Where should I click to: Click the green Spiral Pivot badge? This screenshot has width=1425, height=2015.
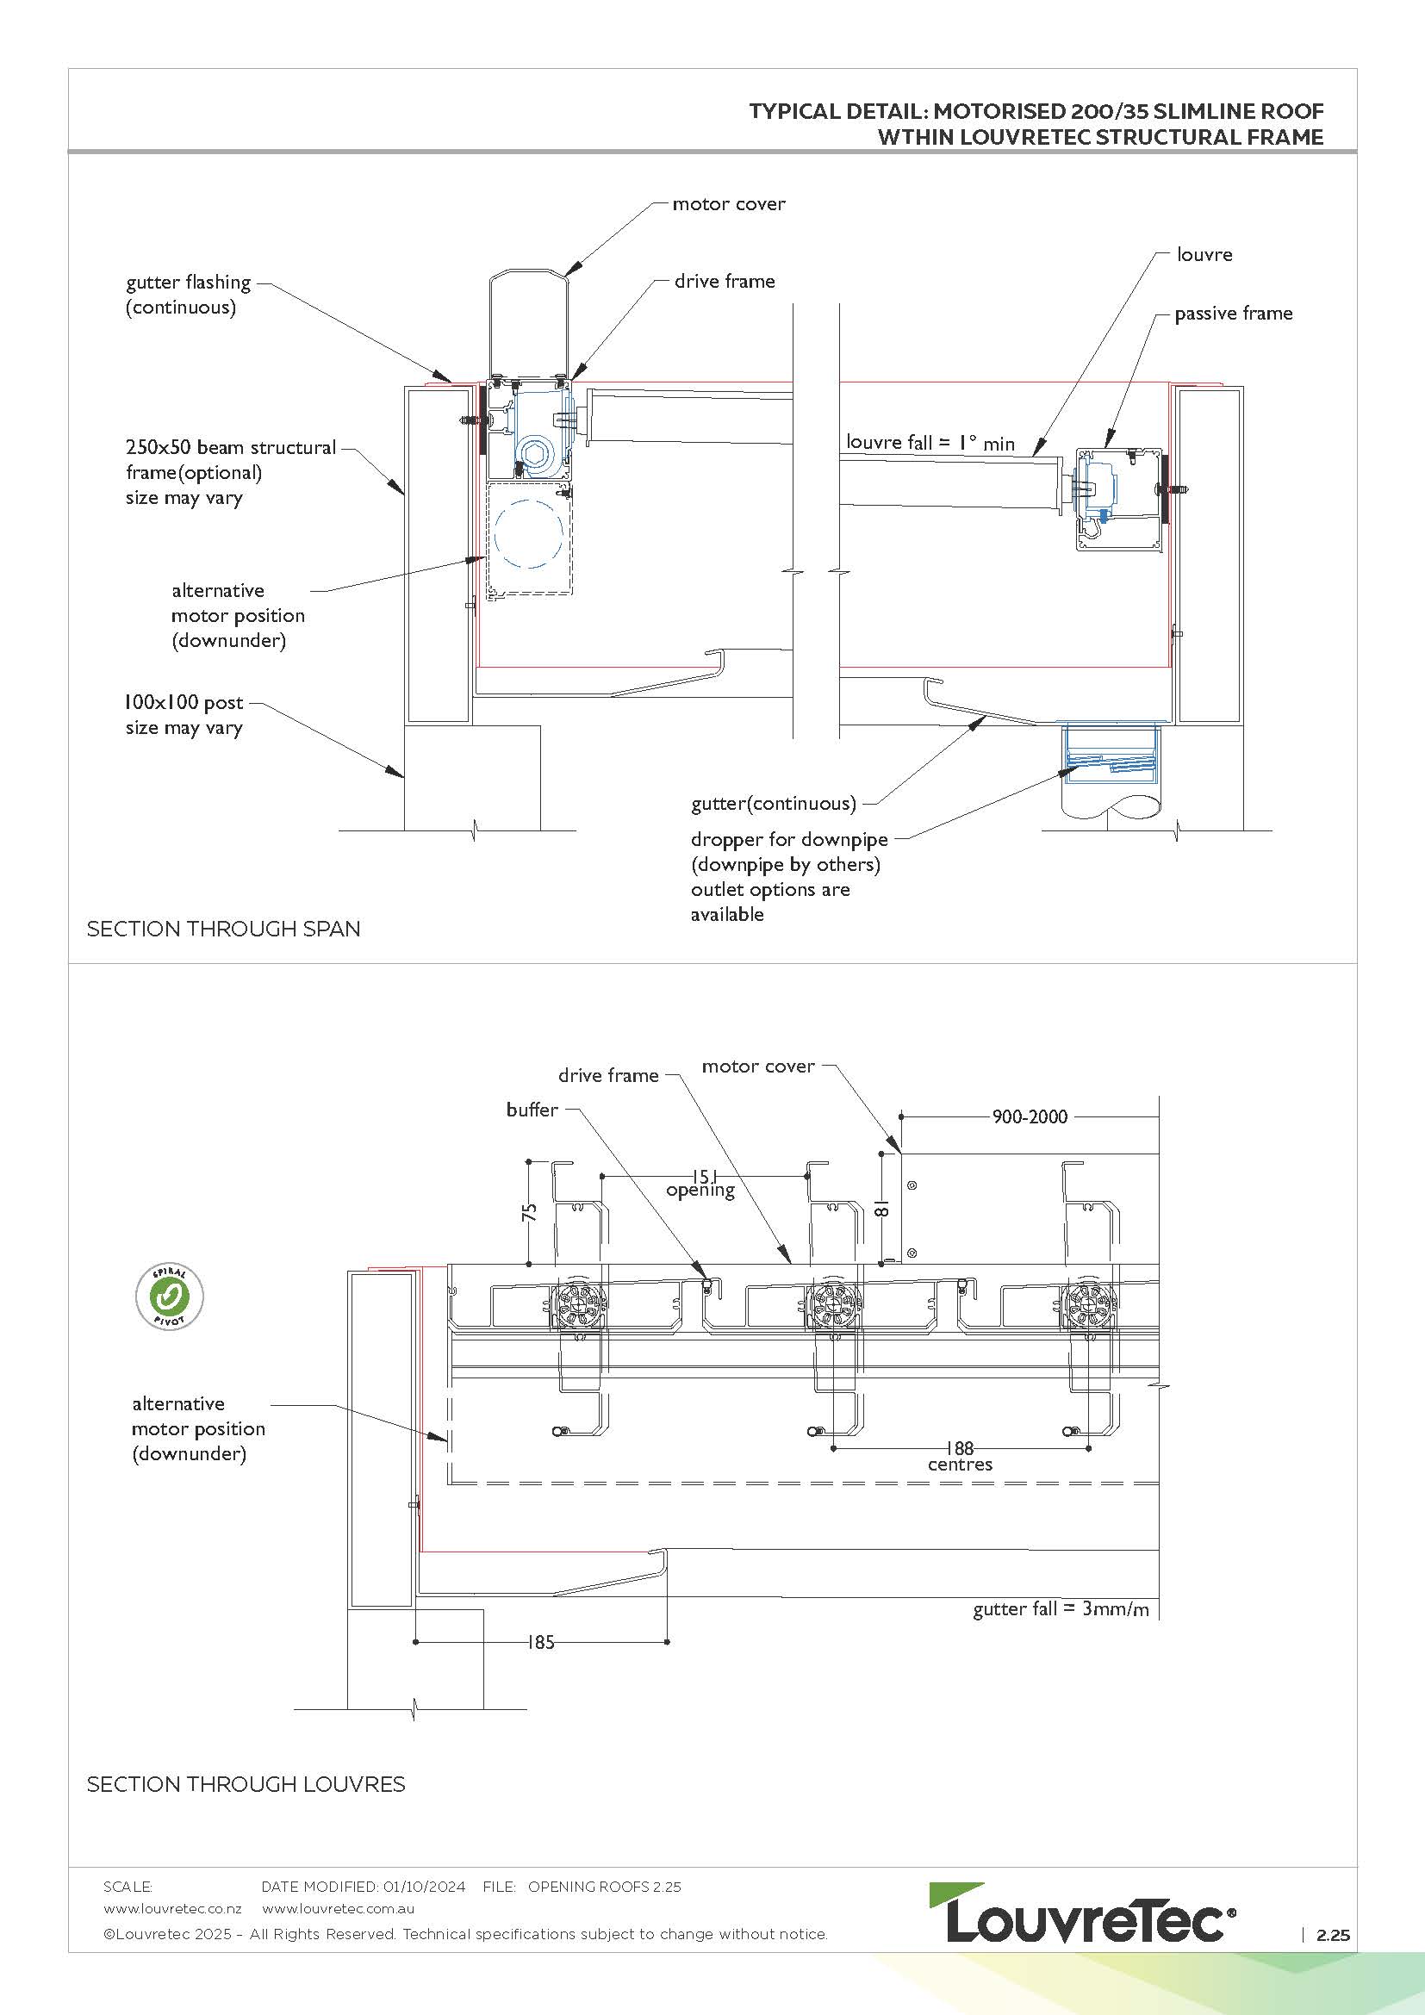(x=170, y=1297)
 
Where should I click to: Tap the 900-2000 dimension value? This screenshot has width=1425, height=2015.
(x=1030, y=1117)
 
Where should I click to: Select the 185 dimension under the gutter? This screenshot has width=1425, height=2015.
(x=540, y=1642)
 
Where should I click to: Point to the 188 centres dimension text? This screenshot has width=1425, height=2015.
(x=960, y=1456)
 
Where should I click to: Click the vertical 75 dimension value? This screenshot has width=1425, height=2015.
(x=529, y=1212)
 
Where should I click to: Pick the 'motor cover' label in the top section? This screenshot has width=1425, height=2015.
(x=728, y=204)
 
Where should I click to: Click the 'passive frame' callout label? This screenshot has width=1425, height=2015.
(x=1233, y=314)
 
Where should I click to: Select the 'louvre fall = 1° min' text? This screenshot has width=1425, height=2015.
(x=930, y=442)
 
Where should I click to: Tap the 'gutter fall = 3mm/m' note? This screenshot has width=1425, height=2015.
(x=1060, y=1609)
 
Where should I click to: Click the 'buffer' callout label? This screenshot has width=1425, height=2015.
(x=532, y=1110)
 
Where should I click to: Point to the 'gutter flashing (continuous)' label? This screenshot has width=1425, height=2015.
(x=188, y=295)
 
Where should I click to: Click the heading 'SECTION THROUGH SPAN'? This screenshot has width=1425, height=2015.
(x=223, y=929)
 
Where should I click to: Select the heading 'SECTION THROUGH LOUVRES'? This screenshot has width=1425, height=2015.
(x=246, y=1784)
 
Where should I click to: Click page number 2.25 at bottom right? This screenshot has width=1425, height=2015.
(x=1332, y=1935)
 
